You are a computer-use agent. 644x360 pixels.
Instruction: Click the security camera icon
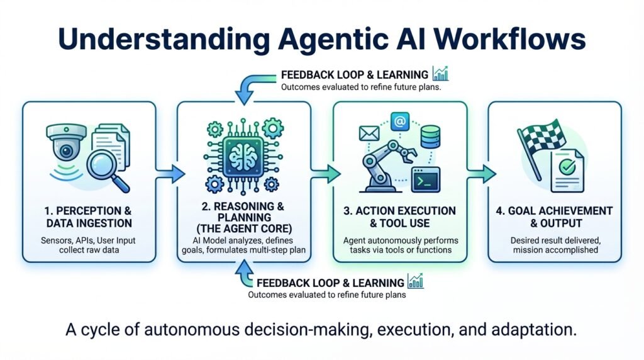(65, 143)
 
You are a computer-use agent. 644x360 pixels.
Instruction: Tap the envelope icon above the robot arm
(367, 133)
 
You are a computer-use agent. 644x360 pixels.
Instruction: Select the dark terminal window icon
(425, 180)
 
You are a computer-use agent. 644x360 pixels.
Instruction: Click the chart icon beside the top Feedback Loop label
(441, 74)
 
